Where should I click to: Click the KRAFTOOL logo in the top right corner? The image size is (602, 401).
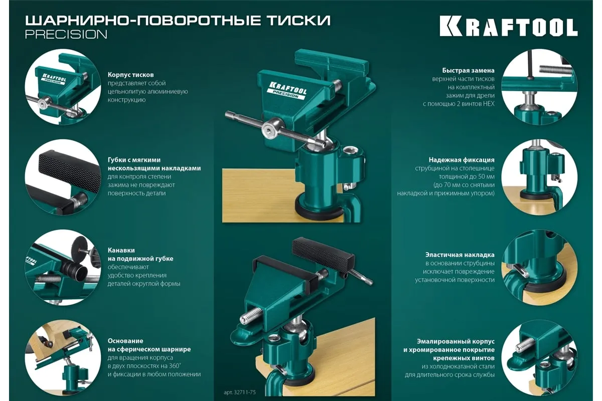509,27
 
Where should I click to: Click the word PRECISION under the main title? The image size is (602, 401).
66,35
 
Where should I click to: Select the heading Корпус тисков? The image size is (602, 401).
130,74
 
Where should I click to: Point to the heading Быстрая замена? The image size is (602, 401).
468,70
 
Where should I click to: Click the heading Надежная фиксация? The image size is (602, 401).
462,160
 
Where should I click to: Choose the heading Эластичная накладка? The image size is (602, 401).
460,255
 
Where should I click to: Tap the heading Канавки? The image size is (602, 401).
121,250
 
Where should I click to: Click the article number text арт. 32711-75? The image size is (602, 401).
239,392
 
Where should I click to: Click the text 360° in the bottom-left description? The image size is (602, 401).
175,366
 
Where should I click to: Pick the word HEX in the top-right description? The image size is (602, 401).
489,104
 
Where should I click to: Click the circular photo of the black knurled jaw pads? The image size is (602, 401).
63,177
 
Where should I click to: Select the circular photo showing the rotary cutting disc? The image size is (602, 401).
63,268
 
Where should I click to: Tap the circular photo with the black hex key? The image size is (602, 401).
539,87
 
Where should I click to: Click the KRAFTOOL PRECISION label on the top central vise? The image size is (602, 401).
287,91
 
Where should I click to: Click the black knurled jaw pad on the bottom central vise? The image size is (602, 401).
323,252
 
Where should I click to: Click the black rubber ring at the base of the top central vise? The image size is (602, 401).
319,212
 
